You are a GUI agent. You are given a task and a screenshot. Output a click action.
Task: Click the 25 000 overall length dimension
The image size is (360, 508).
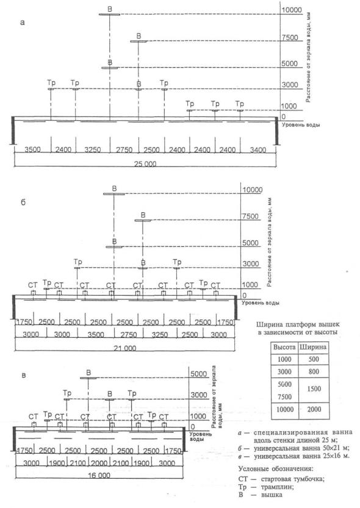(145, 163)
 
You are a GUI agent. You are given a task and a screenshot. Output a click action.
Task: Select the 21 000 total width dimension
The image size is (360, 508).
(125, 348)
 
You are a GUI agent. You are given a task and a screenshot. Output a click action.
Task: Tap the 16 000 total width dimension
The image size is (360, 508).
(99, 476)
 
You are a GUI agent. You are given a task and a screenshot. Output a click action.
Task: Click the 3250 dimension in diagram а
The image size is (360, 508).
(93, 149)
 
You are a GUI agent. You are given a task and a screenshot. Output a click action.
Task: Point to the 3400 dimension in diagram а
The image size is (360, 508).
(258, 149)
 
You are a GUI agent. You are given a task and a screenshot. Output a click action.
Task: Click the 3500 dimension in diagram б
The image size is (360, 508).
(96, 334)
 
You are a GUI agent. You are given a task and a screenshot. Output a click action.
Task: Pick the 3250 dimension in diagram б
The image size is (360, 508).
(160, 334)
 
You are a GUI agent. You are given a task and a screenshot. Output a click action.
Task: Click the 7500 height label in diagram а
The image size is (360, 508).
(290, 38)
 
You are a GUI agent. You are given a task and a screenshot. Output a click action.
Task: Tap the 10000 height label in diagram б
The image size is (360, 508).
(253, 190)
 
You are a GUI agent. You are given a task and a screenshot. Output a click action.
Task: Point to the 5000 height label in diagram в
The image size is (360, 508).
(199, 374)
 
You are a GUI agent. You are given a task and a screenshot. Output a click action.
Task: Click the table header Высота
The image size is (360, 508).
(284, 347)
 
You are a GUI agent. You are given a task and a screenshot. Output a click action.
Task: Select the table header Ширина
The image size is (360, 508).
(314, 347)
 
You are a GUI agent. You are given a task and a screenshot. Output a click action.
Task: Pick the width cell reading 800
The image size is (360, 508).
(314, 371)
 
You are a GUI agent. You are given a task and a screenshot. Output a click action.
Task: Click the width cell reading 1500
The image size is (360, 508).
(314, 389)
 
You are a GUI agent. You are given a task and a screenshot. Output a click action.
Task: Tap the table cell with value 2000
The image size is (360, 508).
(314, 409)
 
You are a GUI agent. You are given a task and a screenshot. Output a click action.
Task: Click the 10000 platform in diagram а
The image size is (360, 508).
(109, 15)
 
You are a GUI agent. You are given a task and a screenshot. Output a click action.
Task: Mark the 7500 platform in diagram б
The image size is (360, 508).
(143, 221)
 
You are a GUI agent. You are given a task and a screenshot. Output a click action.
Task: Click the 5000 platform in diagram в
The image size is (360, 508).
(88, 378)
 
